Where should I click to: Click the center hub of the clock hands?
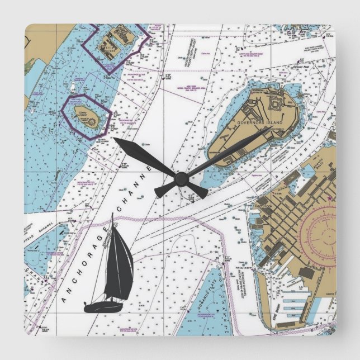[x=180, y=178]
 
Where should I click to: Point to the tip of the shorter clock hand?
[x=114, y=139]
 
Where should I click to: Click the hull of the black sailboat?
[x=104, y=306]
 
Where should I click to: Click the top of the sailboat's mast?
[x=114, y=214]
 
